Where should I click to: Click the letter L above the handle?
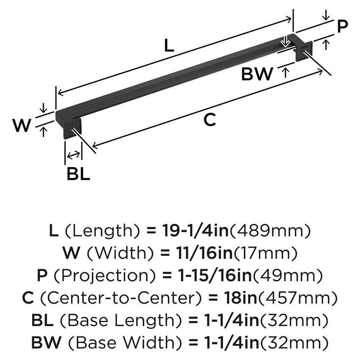point(169,46)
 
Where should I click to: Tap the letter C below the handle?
point(209,120)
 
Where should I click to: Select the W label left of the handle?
point(21,126)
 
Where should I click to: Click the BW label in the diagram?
point(257,75)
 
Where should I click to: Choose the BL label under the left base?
point(78,174)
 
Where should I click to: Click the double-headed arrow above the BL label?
point(73,155)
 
